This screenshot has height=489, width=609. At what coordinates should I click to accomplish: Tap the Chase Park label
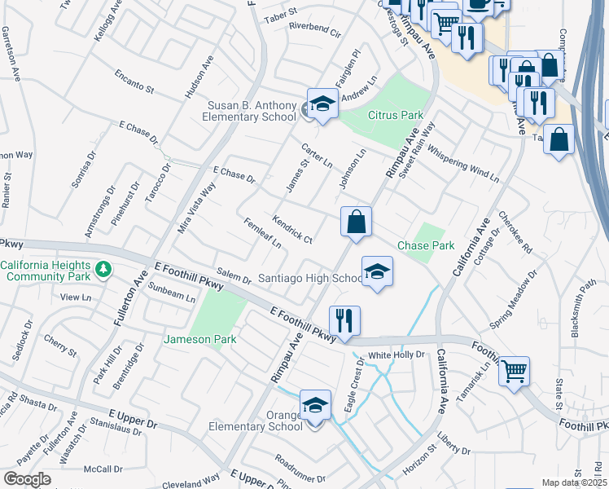pos(425,245)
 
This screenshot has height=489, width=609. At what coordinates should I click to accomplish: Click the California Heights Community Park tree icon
pos(103,268)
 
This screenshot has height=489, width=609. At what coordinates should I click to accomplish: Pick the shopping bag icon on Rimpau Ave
pos(356,222)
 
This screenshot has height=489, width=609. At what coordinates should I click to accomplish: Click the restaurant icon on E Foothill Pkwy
pos(345,321)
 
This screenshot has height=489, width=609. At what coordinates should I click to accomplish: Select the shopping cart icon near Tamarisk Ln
pos(514,372)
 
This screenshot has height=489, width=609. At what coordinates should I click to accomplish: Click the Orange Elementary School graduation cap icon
pos(316,405)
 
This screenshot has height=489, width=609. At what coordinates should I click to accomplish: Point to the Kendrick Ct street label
pos(292,229)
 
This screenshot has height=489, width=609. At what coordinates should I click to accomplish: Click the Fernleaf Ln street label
pos(262,233)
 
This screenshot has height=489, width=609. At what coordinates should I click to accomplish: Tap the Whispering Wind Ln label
pos(462,162)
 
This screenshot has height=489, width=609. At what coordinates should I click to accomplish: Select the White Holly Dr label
pos(397,355)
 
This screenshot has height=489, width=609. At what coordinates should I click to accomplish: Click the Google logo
pos(26,479)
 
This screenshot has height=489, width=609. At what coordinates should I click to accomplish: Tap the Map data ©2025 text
pos(574,482)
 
